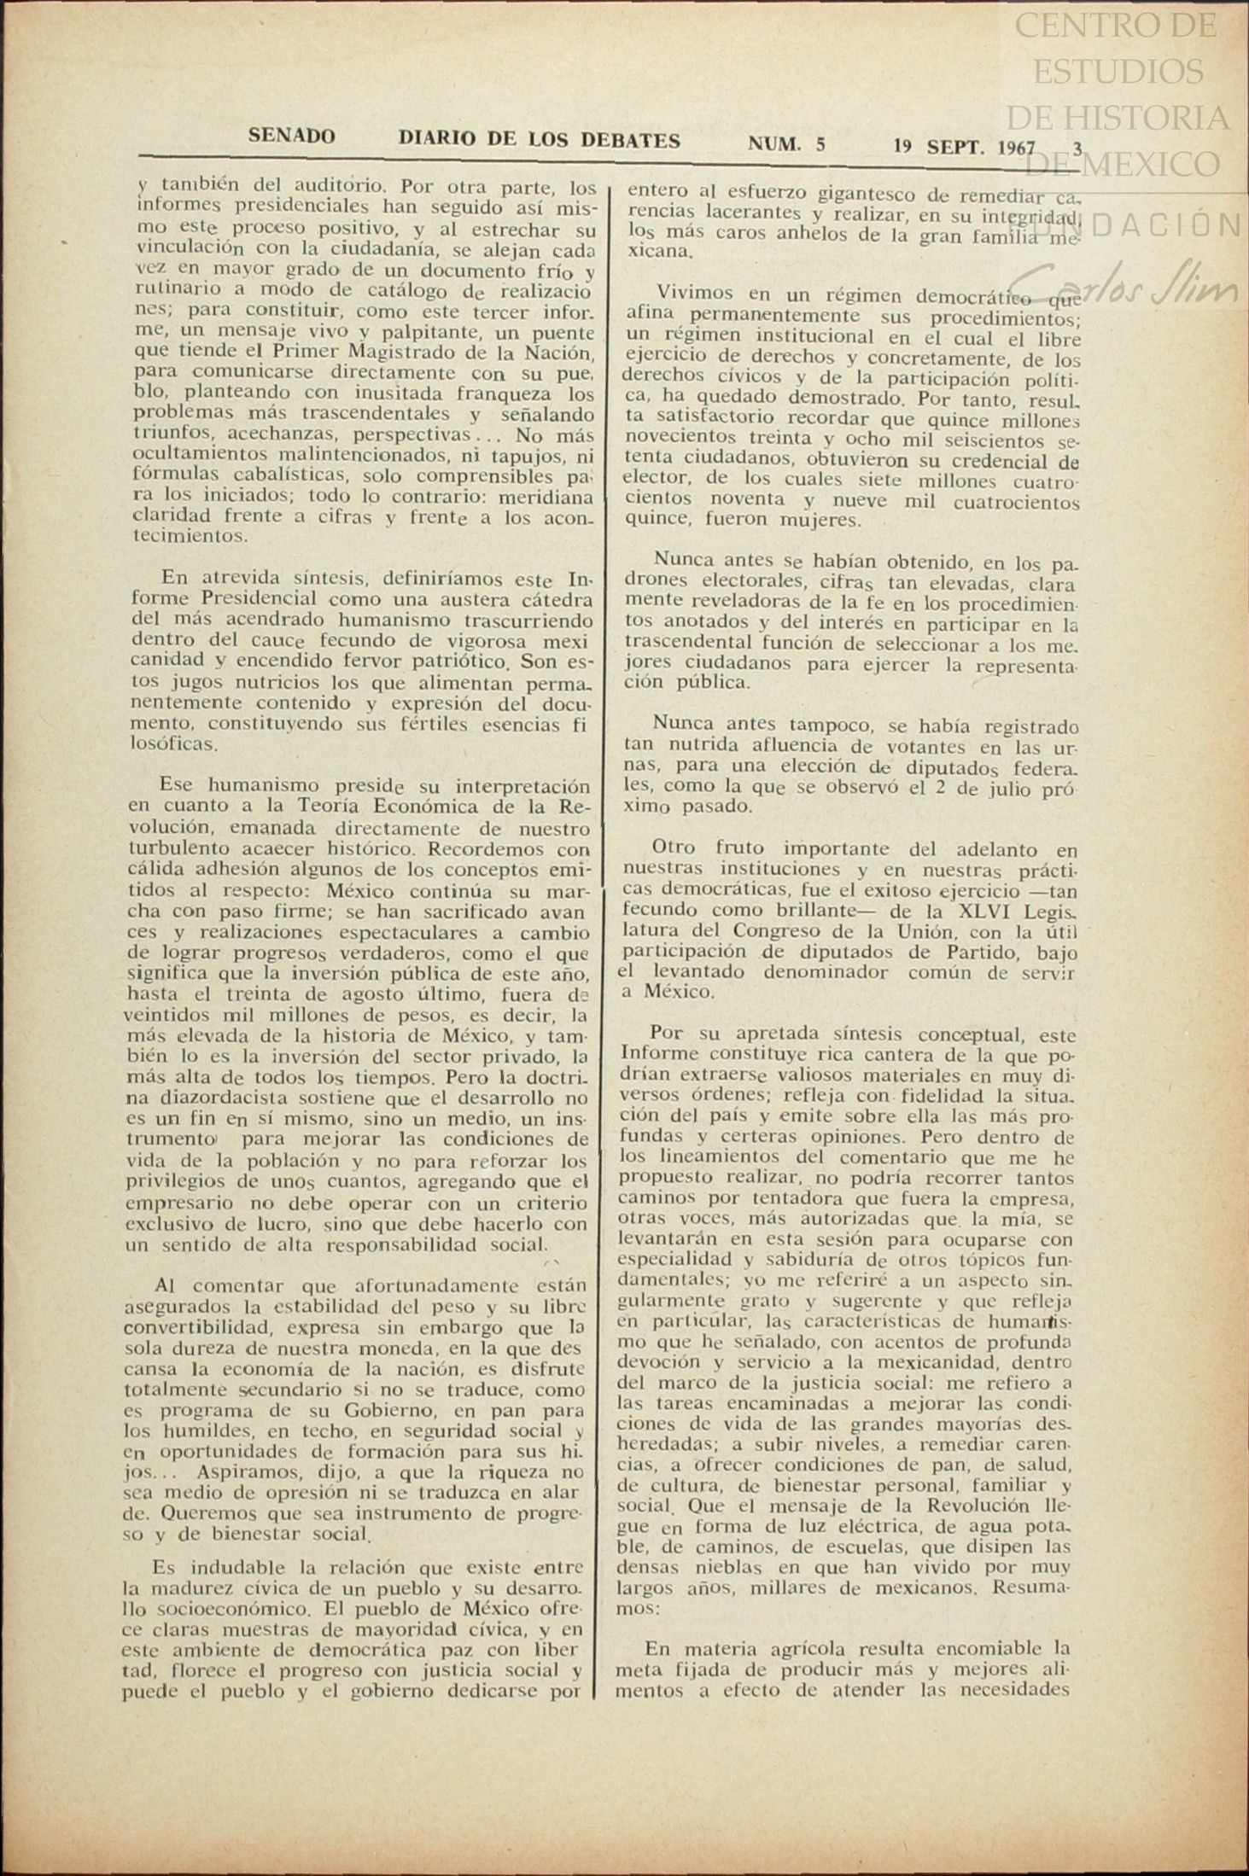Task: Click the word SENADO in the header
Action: pyautogui.click(x=291, y=136)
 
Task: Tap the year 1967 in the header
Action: pyautogui.click(x=1016, y=147)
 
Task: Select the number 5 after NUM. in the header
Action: pyautogui.click(x=820, y=144)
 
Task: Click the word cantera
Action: pyautogui.click(x=845, y=1055)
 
